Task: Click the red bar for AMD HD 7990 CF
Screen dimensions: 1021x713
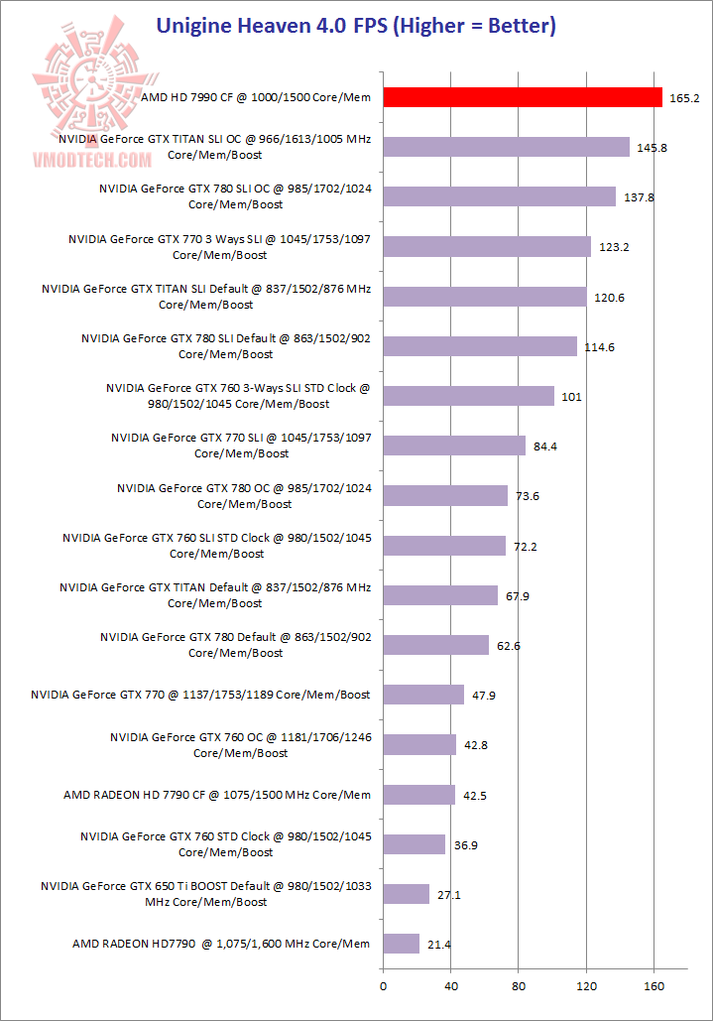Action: (523, 97)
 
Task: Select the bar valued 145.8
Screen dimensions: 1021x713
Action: (506, 147)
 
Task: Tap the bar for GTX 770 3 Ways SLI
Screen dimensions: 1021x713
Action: (487, 247)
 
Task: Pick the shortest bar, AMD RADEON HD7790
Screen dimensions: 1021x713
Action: (401, 944)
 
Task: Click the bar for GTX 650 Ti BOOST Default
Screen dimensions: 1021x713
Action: (406, 894)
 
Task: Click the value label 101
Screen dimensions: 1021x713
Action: (571, 397)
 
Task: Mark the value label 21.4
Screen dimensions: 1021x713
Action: (438, 945)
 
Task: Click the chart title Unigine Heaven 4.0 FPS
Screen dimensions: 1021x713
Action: (355, 26)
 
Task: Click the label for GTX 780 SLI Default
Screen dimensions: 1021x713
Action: (226, 346)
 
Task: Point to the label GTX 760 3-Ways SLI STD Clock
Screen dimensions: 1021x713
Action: (237, 396)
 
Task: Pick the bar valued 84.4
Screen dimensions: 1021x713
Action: (454, 446)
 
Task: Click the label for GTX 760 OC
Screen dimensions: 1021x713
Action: (241, 745)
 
